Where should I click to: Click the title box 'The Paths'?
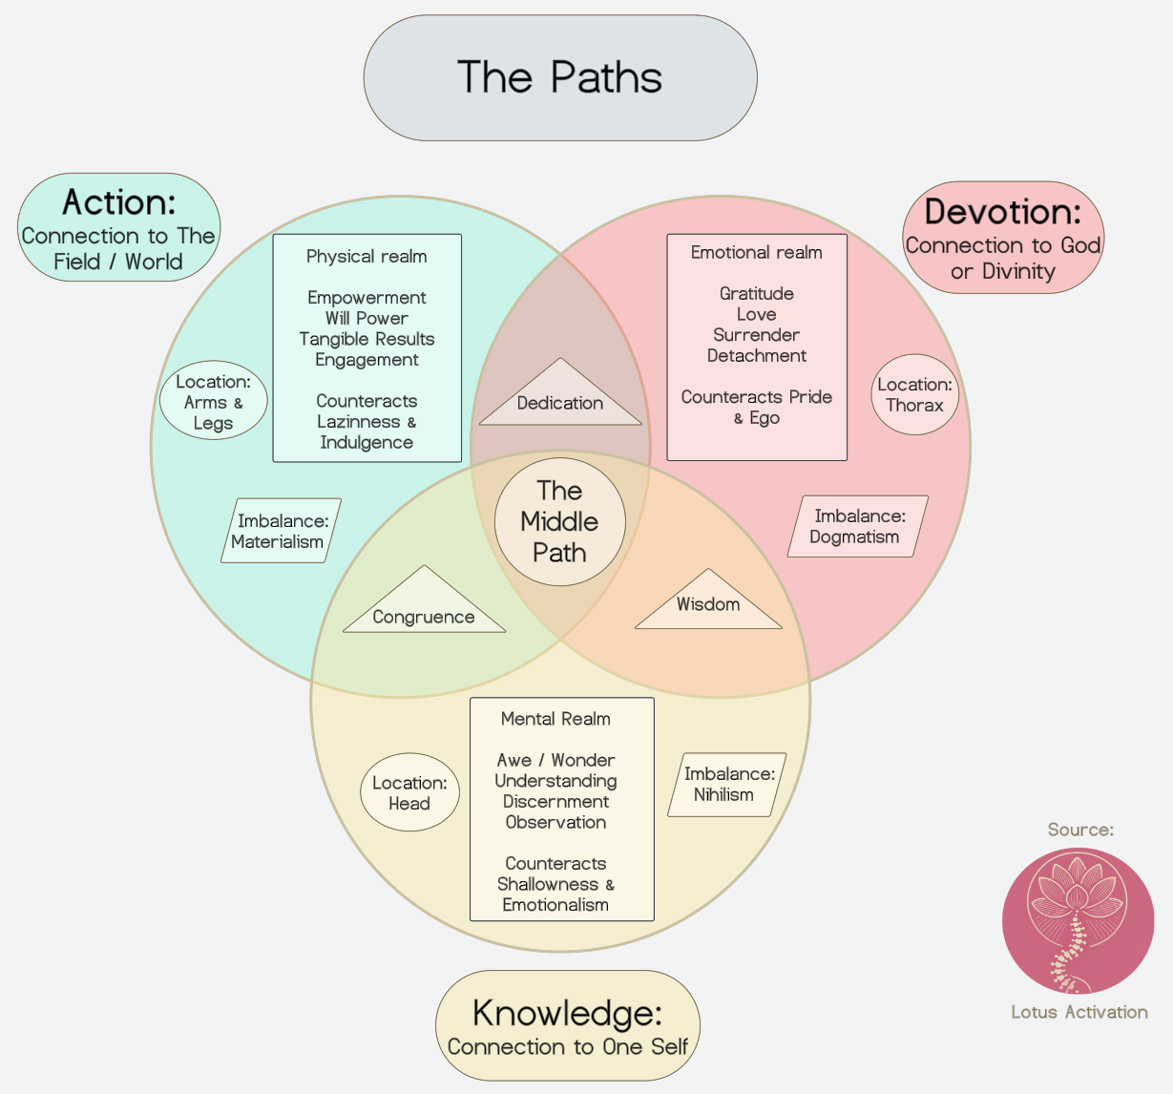point(560,77)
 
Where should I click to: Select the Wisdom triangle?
point(708,605)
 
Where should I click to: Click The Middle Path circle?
point(560,521)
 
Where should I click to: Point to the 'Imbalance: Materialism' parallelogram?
point(281,531)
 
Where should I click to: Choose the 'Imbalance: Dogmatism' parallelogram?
point(857,526)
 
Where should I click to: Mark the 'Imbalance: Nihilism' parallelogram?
point(726,785)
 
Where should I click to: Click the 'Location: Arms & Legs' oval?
point(213,401)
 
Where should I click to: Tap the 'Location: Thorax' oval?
point(914,394)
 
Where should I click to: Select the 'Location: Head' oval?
point(409,792)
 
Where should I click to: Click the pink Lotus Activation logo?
point(1078,920)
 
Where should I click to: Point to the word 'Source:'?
point(1080,830)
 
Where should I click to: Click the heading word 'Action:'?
point(119,202)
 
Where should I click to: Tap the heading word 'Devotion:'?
point(1003,211)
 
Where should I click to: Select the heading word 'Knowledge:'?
point(567,1013)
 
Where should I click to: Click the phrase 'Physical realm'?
point(367,256)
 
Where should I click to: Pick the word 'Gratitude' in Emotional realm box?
point(757,293)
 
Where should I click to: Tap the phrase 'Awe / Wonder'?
point(555,760)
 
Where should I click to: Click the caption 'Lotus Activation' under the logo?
point(1079,1012)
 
